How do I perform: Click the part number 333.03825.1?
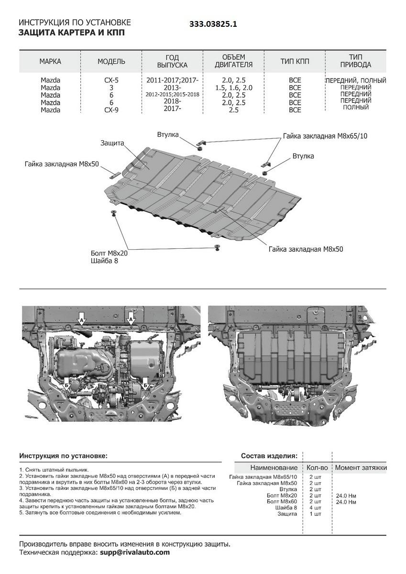click(x=213, y=23)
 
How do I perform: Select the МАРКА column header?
click(x=50, y=61)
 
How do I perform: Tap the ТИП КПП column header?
click(x=295, y=61)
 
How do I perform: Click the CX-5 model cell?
click(x=111, y=80)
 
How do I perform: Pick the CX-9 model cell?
click(x=111, y=110)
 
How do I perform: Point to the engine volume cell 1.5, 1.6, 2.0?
click(x=234, y=88)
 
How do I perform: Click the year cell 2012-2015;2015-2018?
click(x=173, y=95)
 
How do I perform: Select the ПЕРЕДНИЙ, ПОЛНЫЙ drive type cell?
click(x=356, y=80)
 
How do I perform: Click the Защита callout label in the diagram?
click(x=112, y=143)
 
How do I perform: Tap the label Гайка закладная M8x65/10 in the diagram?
click(x=325, y=136)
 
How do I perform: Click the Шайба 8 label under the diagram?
click(x=103, y=261)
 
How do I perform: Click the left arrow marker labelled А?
click(x=82, y=319)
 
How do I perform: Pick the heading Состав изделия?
click(x=269, y=456)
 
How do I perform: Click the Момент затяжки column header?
click(x=361, y=467)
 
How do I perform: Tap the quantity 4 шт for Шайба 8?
click(x=315, y=508)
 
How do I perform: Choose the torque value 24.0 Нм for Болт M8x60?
click(x=346, y=502)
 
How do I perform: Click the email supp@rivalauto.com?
click(x=134, y=552)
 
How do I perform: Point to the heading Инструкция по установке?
click(x=64, y=456)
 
